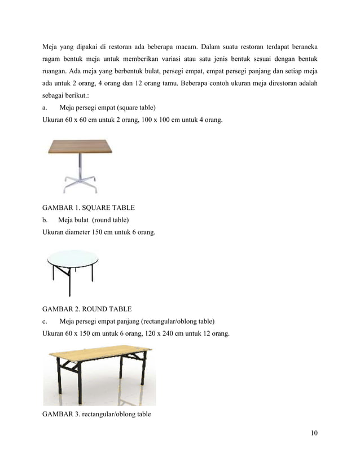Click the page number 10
tap(314, 433)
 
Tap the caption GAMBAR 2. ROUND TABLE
tap(87, 309)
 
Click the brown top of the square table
tap(80, 147)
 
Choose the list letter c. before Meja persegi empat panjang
tap(46, 322)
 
